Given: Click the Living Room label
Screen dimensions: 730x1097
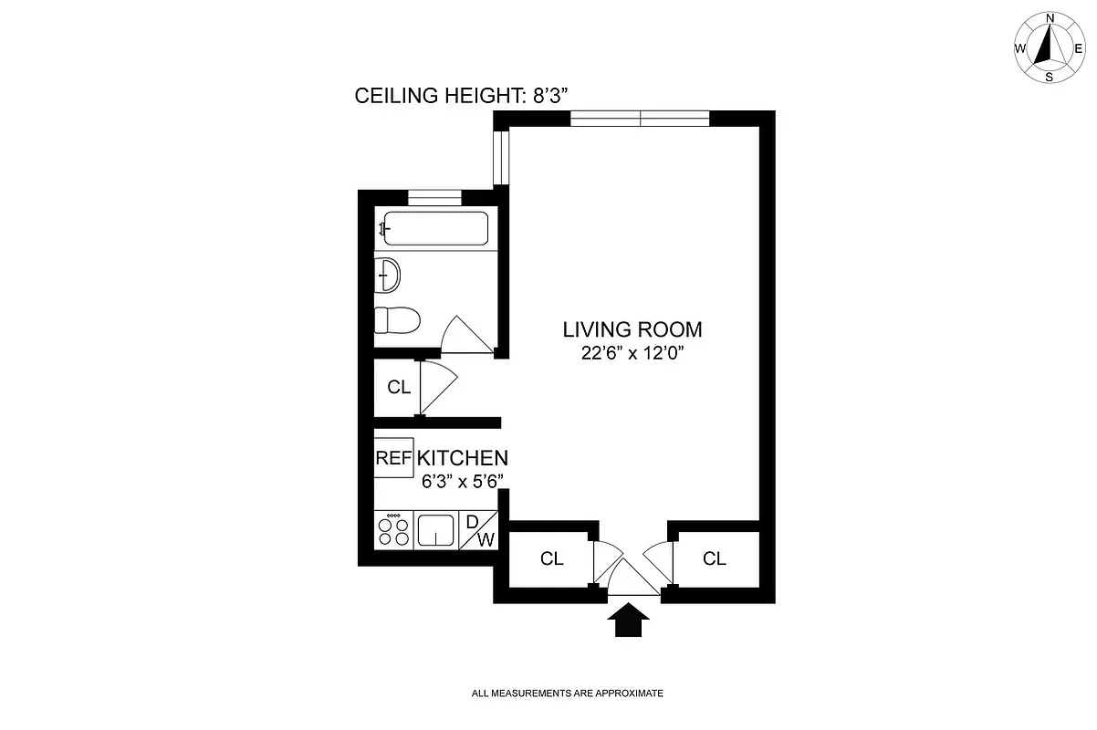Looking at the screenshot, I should click(632, 329).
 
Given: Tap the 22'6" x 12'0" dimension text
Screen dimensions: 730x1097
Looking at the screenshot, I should click(632, 353).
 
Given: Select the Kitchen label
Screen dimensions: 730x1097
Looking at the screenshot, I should click(463, 458).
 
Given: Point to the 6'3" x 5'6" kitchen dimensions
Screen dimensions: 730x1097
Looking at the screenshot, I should click(463, 483).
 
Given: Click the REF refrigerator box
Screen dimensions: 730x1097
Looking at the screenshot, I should click(393, 458).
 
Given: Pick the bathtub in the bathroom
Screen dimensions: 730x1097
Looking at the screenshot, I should click(434, 227).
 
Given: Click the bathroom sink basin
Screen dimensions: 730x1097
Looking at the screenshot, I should click(387, 274).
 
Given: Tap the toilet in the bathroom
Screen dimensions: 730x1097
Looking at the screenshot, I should click(396, 321).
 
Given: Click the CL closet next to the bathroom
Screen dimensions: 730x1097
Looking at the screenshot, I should click(398, 387).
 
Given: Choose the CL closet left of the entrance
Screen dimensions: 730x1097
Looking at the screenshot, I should click(551, 558).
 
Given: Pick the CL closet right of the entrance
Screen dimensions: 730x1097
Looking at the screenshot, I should click(715, 558).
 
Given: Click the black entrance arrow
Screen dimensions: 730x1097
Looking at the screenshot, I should click(628, 623).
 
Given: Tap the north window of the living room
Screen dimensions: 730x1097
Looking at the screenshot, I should click(640, 118).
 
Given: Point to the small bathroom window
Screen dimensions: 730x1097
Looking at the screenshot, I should click(434, 195).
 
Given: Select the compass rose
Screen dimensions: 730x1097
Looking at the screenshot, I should click(1050, 48).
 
